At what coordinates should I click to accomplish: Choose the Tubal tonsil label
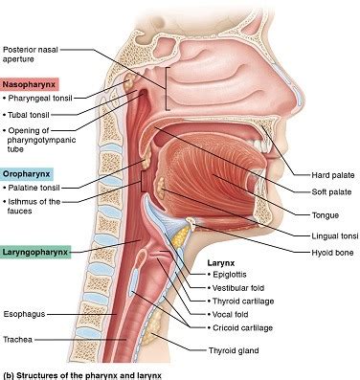coord(32,114)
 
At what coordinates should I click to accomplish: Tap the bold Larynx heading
coord(223,261)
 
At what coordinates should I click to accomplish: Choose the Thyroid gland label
coord(235,350)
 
